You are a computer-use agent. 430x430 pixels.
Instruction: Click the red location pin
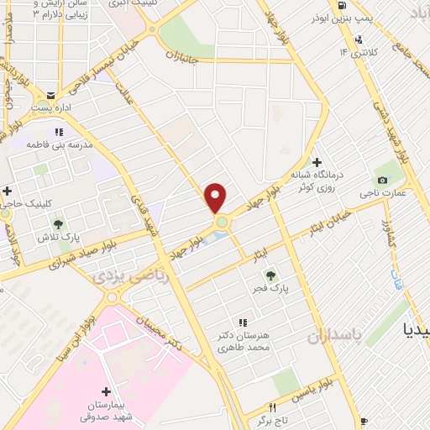[215, 197]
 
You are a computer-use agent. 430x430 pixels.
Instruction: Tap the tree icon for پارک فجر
[270, 275]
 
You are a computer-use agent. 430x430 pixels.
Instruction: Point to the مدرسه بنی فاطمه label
[58, 144]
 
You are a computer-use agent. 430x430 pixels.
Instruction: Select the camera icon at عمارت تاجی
[383, 180]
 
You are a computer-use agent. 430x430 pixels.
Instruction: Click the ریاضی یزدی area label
[129, 275]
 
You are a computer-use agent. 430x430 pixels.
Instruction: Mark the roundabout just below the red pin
[222, 223]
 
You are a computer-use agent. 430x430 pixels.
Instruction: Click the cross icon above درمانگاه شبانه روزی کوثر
[317, 162]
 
